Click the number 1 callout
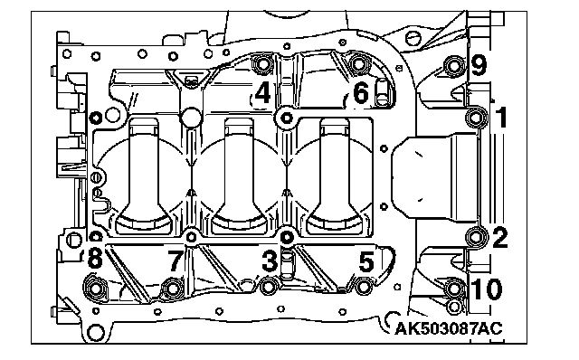(x=500, y=118)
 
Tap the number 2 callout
(x=500, y=237)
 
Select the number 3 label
(x=270, y=261)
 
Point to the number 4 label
(x=262, y=92)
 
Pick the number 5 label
(x=366, y=261)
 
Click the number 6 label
(x=361, y=92)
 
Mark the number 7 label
(x=176, y=260)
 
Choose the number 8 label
(x=95, y=258)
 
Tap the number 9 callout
(x=479, y=65)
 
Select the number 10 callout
(x=488, y=289)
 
